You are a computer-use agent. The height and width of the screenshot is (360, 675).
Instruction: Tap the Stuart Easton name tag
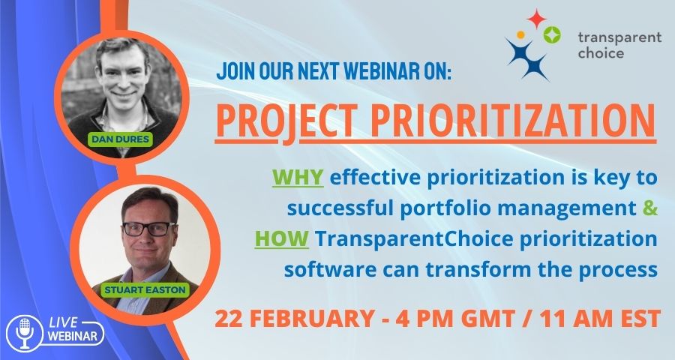tap(145, 289)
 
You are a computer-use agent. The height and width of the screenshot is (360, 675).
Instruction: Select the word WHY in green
tap(298, 177)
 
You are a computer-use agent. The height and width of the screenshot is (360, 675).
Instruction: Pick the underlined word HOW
tap(282, 239)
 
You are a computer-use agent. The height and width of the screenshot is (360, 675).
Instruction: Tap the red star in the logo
tap(536, 19)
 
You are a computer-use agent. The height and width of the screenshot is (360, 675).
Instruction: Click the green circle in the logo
tap(551, 34)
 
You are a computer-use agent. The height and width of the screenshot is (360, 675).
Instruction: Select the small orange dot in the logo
tap(520, 34)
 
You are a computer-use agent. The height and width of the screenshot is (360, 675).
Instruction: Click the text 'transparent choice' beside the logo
tap(619, 45)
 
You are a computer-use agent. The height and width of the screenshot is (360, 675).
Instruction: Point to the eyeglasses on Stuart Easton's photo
tap(149, 229)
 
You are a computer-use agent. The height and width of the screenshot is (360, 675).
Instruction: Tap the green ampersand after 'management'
tap(650, 208)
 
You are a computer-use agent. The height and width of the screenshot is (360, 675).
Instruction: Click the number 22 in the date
tap(226, 319)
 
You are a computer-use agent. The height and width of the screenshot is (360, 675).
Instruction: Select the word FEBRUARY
tap(310, 319)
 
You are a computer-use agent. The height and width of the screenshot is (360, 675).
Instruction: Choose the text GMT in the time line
tap(484, 319)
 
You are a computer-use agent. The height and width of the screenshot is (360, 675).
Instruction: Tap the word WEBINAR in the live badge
tap(72, 336)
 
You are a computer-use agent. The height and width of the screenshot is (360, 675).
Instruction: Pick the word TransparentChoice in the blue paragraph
tap(414, 239)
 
